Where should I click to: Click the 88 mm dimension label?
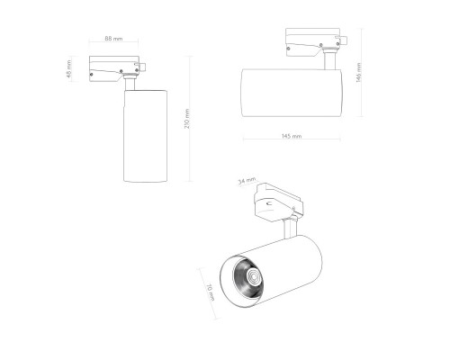click(113, 38)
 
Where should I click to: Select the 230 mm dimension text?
click(188, 119)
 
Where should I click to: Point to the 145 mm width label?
click(291, 136)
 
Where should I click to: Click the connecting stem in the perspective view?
click(291, 229)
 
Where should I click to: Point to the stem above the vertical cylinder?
click(130, 84)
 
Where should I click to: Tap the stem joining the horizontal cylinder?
click(330, 62)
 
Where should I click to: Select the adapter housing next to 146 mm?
click(312, 40)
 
